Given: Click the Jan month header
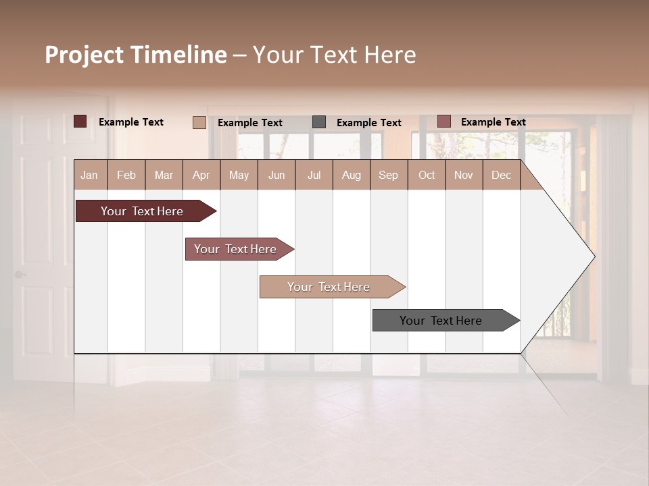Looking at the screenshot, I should (x=89, y=175).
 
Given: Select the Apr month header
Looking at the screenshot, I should (x=201, y=175).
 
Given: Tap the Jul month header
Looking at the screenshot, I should (x=314, y=175).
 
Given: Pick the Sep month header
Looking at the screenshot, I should (x=388, y=175).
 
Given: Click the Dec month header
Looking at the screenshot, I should (x=501, y=175).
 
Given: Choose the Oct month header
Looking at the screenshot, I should (x=427, y=175).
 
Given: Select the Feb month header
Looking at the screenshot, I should (x=126, y=175).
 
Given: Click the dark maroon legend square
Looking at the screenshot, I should (x=80, y=122).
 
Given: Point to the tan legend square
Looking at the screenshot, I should (x=199, y=122).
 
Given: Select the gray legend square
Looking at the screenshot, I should (x=319, y=122).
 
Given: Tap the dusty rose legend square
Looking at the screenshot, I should (x=443, y=122).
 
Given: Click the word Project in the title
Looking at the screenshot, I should (x=84, y=55).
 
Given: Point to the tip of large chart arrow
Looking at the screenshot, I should (x=594, y=256).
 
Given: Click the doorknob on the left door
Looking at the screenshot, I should (x=20, y=275).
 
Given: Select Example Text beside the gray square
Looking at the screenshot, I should (x=368, y=123).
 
